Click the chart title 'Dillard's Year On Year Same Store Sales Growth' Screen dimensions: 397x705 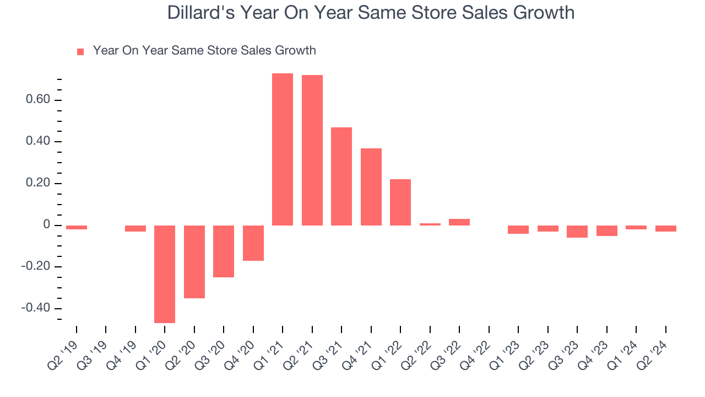[x=371, y=12]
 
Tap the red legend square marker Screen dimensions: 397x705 [x=80, y=51]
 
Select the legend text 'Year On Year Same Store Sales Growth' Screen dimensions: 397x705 [x=204, y=51]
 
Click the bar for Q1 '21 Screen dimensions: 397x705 [x=283, y=149]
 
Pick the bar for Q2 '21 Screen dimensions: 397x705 [x=312, y=150]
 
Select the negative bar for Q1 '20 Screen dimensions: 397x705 [x=165, y=274]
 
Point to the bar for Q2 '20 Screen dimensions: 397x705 [x=194, y=262]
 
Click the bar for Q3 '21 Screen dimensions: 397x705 [x=341, y=176]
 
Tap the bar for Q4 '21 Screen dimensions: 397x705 [x=371, y=186]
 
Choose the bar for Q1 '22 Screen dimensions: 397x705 [x=400, y=202]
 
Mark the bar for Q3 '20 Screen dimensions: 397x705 [x=224, y=251]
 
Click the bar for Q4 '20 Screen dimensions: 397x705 [x=253, y=243]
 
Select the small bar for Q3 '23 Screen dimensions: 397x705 [x=577, y=232]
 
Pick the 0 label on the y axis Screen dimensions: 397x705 [x=47, y=225]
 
